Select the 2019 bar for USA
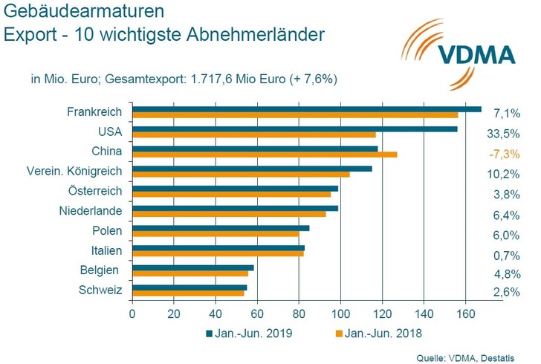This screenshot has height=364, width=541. (295, 129)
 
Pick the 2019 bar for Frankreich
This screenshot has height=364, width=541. (307, 109)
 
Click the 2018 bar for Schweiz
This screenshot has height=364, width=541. (188, 293)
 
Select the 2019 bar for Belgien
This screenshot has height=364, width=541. (193, 267)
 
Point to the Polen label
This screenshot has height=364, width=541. (107, 230)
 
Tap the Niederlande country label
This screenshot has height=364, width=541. (90, 211)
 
